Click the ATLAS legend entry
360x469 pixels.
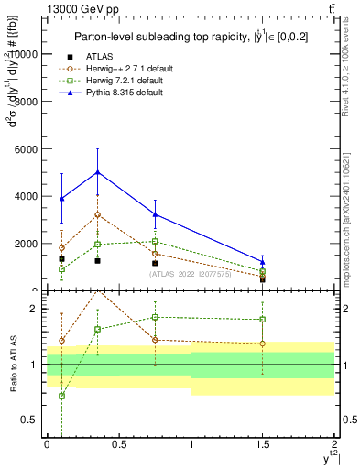pyautogui.click(x=99, y=57)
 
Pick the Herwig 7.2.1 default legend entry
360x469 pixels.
pyautogui.click(x=124, y=81)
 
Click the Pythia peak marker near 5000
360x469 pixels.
pyautogui.click(x=97, y=172)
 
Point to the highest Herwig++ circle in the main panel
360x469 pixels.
pyautogui.click(x=97, y=214)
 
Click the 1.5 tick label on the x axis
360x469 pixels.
pyautogui.click(x=263, y=451)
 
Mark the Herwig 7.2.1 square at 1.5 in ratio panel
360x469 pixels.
pyautogui.click(x=263, y=320)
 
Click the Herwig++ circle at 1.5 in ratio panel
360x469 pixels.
pyautogui.click(x=263, y=344)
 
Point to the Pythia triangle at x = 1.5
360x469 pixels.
pyautogui.click(x=263, y=262)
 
